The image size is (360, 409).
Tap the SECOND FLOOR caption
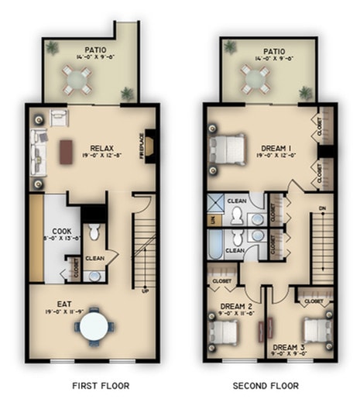point(267,385)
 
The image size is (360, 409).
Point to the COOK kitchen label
point(62,231)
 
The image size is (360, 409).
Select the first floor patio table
point(76,77)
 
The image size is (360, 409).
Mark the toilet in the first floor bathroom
point(94,231)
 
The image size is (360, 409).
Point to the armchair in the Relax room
point(59,117)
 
